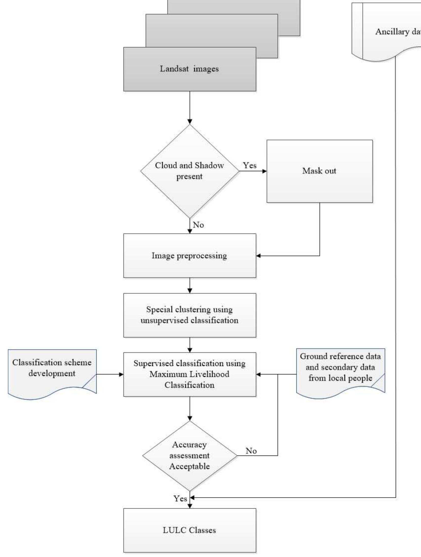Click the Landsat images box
[x=190, y=69]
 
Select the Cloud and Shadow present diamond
[x=190, y=171]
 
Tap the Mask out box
[x=319, y=171]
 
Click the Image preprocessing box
[x=190, y=255]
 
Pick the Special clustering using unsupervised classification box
[x=190, y=315]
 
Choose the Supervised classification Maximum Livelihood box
[x=190, y=374]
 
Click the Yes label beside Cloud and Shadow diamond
[x=249, y=166]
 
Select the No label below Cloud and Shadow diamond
[x=199, y=225]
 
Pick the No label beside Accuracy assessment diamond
[x=251, y=451]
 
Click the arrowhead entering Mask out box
[x=265, y=171]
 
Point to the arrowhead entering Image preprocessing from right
[x=258, y=256]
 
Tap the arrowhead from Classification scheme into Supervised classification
[x=121, y=374]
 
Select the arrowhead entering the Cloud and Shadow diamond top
[x=190, y=121]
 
